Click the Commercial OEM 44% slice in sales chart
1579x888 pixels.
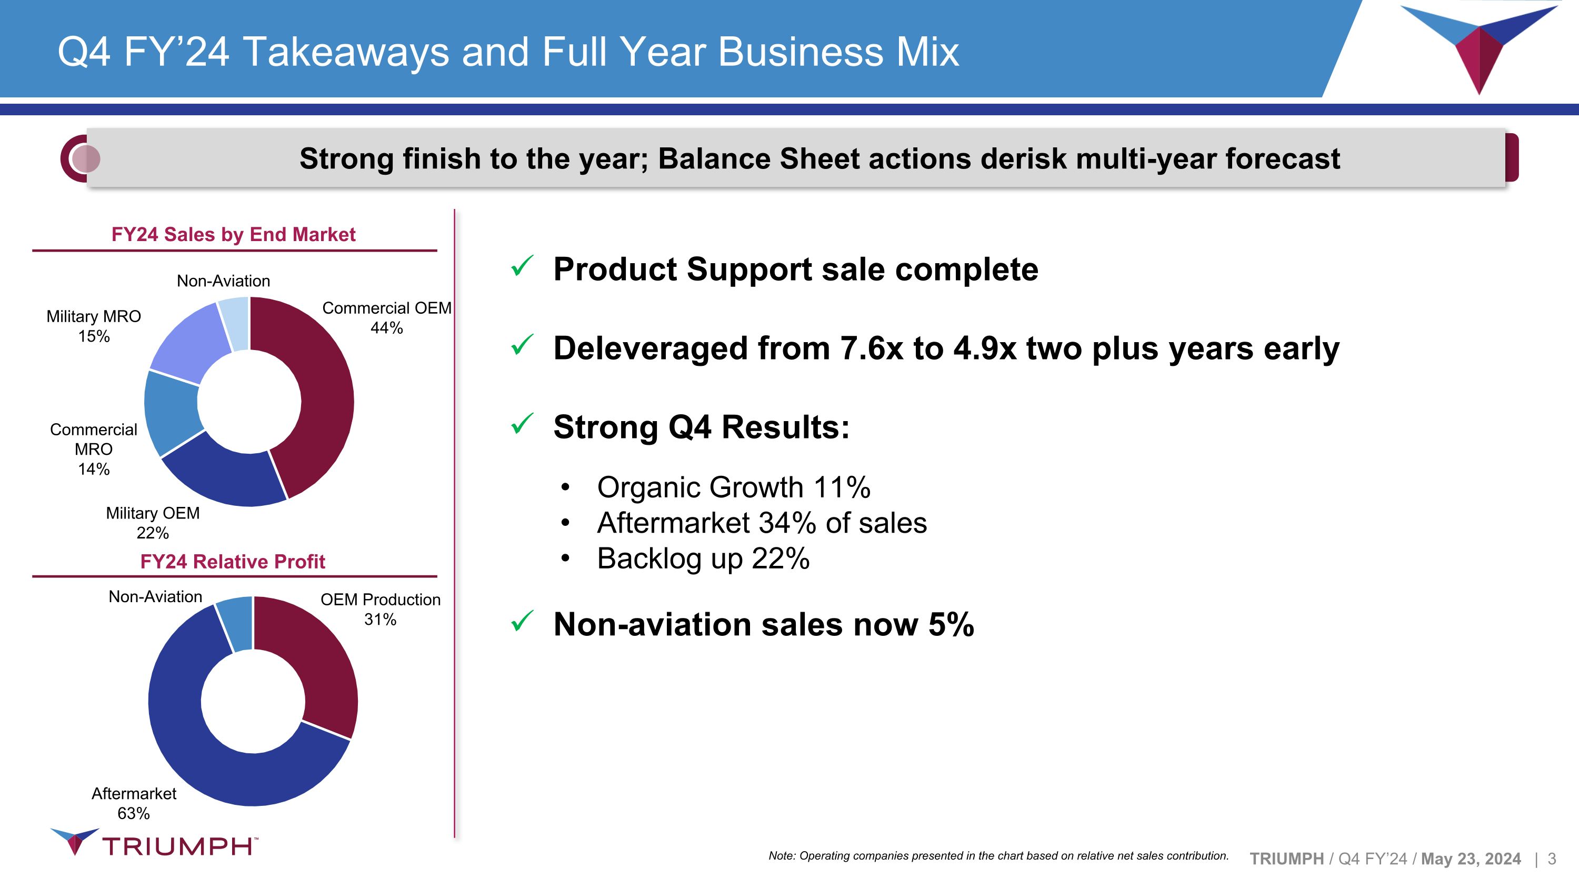[325, 392]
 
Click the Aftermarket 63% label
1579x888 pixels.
[134, 803]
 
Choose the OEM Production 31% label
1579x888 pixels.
[380, 609]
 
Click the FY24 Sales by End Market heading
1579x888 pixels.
[233, 234]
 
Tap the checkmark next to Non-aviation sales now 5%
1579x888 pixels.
[522, 622]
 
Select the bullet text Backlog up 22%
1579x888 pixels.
[703, 558]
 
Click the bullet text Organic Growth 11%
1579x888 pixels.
[733, 487]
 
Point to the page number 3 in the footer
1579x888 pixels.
[1552, 859]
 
